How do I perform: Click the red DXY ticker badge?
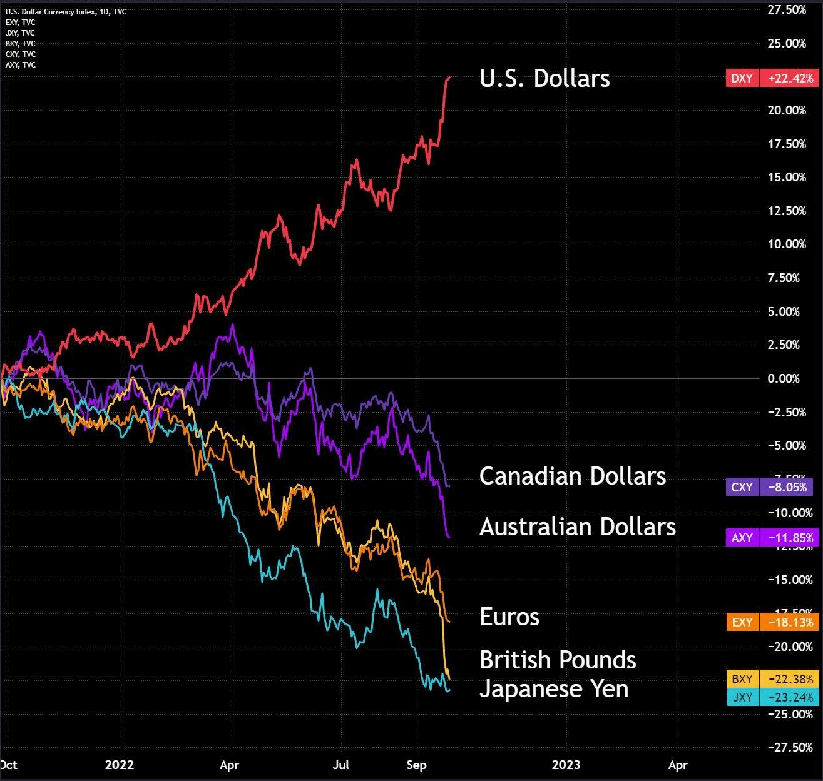pyautogui.click(x=742, y=78)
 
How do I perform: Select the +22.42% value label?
pyautogui.click(x=790, y=78)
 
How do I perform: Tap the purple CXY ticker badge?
pyautogui.click(x=742, y=487)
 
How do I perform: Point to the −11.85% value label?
pyautogui.click(x=790, y=538)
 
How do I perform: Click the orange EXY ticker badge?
pyautogui.click(x=742, y=622)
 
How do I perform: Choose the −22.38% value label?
pyautogui.click(x=790, y=679)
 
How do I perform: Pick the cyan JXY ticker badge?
pyautogui.click(x=742, y=697)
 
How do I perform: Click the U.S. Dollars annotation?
pyautogui.click(x=544, y=79)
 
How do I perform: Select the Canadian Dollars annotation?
pyautogui.click(x=572, y=476)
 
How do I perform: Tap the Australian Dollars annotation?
pyautogui.click(x=577, y=527)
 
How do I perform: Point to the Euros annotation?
pyautogui.click(x=509, y=617)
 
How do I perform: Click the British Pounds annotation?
pyautogui.click(x=557, y=660)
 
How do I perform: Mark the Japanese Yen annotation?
pyautogui.click(x=553, y=689)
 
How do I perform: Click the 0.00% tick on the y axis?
pyautogui.click(x=784, y=378)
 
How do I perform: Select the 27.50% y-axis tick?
pyautogui.click(x=787, y=9)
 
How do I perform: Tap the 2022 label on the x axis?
pyautogui.click(x=119, y=765)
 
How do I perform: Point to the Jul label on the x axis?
pyautogui.click(x=341, y=765)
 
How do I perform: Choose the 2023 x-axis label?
pyautogui.click(x=566, y=765)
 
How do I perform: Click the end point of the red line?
pyautogui.click(x=449, y=78)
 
